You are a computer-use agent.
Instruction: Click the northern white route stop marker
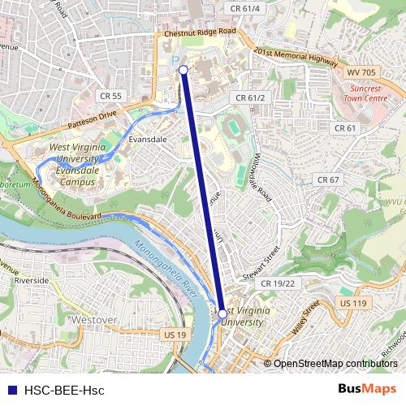184,71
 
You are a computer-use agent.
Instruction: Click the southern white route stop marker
222,312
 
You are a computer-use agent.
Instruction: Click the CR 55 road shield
111,96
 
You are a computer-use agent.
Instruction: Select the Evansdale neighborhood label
148,139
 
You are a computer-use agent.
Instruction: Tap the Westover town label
95,320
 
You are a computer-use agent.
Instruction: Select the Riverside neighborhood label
32,280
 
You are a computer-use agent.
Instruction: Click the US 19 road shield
175,335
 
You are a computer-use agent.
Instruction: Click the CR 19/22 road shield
278,283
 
